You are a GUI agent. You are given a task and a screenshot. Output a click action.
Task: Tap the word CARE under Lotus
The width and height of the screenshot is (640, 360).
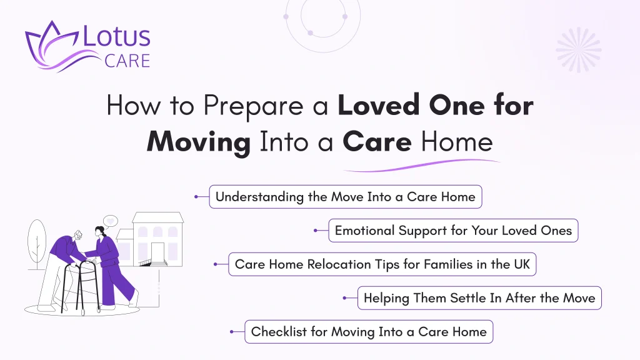click(127, 61)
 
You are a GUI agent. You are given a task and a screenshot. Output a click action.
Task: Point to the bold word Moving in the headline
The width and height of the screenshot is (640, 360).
click(198, 142)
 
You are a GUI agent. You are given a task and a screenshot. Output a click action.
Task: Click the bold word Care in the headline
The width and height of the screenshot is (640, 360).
click(377, 142)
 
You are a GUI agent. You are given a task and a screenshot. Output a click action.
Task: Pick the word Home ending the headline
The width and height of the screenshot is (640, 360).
click(456, 142)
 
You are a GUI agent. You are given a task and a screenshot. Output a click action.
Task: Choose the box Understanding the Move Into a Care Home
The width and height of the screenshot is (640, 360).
click(345, 197)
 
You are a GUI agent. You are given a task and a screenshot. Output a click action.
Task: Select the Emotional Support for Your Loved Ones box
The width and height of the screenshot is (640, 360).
click(453, 231)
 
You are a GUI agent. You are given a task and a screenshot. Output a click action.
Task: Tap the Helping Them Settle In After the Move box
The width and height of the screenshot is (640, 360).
click(479, 298)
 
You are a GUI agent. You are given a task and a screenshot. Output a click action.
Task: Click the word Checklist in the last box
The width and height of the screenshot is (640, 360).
click(279, 332)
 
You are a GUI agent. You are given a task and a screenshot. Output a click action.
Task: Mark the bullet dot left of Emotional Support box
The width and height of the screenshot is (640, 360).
click(314, 231)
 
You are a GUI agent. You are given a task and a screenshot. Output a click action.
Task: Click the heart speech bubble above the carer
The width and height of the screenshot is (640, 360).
click(110, 221)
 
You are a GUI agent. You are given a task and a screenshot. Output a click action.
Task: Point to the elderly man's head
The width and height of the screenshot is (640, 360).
click(77, 237)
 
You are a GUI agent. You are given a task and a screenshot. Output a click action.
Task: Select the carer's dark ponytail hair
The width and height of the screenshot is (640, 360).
click(97, 233)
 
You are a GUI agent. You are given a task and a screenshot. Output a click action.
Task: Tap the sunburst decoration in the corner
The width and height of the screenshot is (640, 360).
click(578, 49)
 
